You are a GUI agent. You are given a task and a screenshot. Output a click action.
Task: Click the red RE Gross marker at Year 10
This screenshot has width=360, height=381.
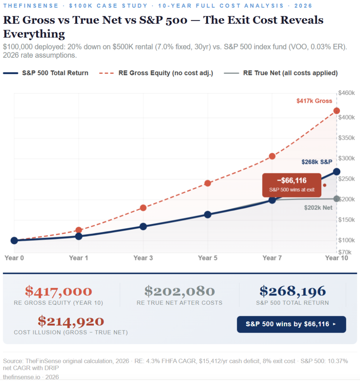337,111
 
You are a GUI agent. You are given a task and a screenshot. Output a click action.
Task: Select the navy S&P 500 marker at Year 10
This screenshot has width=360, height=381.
337,172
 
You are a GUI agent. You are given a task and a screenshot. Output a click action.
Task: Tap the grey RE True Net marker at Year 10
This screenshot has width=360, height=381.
337,199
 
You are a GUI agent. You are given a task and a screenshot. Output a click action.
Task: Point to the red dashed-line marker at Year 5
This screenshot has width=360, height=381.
208,183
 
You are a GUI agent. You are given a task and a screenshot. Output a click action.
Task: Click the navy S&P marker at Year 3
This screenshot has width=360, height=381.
143,226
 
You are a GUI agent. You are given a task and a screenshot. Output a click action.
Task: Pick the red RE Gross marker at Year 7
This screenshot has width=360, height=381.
272,156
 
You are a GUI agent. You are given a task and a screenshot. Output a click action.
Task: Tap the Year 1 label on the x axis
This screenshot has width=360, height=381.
79,258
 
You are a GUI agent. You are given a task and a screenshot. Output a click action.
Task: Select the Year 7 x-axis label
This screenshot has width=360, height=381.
272,258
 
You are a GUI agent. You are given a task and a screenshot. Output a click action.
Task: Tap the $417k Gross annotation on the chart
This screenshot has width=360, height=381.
314,101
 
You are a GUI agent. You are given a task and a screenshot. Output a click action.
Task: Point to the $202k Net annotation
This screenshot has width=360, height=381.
318,208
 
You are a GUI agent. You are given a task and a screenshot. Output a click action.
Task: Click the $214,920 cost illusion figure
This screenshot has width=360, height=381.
71,321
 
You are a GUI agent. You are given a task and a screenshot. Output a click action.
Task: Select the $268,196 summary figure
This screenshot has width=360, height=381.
292,291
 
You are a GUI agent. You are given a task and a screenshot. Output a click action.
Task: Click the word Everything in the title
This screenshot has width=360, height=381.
34,34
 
